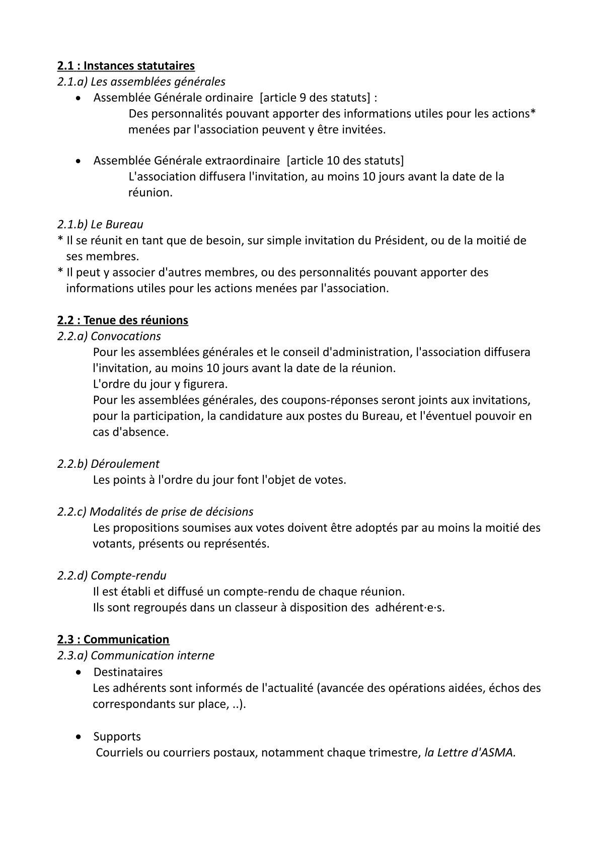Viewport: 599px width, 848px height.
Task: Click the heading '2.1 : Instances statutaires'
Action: (126, 65)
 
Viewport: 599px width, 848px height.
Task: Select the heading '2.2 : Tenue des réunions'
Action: (123, 320)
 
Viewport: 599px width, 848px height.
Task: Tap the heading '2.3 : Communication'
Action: (113, 640)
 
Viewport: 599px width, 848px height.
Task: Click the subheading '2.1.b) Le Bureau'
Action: (100, 224)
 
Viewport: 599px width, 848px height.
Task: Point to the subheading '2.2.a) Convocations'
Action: (109, 336)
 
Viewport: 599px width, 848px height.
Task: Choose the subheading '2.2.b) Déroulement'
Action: (108, 464)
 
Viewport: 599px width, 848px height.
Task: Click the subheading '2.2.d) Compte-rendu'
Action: (112, 576)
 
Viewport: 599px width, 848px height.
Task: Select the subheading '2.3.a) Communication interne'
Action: (136, 656)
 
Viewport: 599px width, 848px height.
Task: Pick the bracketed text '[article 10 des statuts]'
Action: (345, 161)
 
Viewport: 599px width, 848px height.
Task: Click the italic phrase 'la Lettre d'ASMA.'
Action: (470, 753)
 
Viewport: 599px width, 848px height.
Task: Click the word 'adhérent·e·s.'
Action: (410, 607)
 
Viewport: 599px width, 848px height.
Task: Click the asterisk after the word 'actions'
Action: (533, 112)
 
